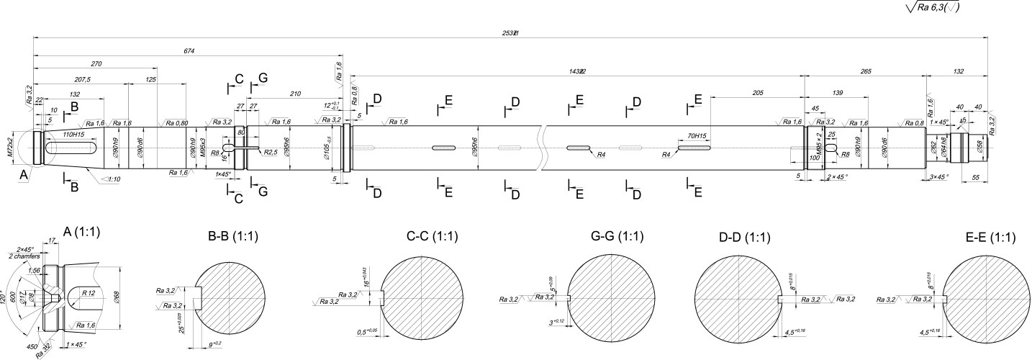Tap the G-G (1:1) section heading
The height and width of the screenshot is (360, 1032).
coord(617,237)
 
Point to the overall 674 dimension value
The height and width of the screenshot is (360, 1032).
coord(189,51)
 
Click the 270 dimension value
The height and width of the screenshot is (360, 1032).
coord(96,64)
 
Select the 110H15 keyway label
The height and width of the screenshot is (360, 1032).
coord(73,135)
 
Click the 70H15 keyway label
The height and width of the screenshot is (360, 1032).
coord(696,135)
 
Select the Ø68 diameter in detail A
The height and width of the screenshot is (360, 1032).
coord(118,297)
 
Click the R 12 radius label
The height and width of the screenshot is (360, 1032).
coord(89,293)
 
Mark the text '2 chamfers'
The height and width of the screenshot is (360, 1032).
coord(24,256)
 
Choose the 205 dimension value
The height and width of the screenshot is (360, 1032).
coord(756,93)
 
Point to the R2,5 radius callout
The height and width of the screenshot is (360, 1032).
coord(271,152)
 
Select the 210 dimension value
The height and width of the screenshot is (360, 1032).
coord(295,93)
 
